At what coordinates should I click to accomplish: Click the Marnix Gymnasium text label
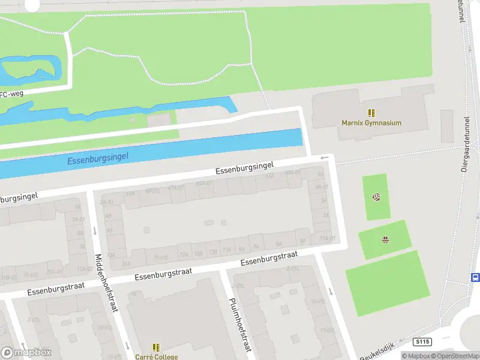click(x=371, y=123)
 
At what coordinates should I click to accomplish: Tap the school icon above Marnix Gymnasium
click(x=371, y=112)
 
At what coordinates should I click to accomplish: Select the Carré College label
click(x=156, y=357)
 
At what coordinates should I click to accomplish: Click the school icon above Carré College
click(x=156, y=347)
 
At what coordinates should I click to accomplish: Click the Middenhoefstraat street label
click(x=106, y=283)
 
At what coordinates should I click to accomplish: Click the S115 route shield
click(x=422, y=341)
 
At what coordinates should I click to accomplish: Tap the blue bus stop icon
click(x=475, y=277)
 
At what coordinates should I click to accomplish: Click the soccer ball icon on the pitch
click(x=376, y=197)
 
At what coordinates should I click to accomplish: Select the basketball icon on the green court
click(x=385, y=241)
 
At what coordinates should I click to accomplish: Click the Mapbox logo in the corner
click(x=26, y=352)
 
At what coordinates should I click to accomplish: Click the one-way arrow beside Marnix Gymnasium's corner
click(x=325, y=158)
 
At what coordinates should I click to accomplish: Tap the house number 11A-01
click(x=327, y=238)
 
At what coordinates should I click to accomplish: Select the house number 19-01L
click(x=160, y=257)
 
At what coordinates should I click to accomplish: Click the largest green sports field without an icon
click(x=388, y=283)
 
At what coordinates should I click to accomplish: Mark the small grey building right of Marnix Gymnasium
click(x=446, y=126)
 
